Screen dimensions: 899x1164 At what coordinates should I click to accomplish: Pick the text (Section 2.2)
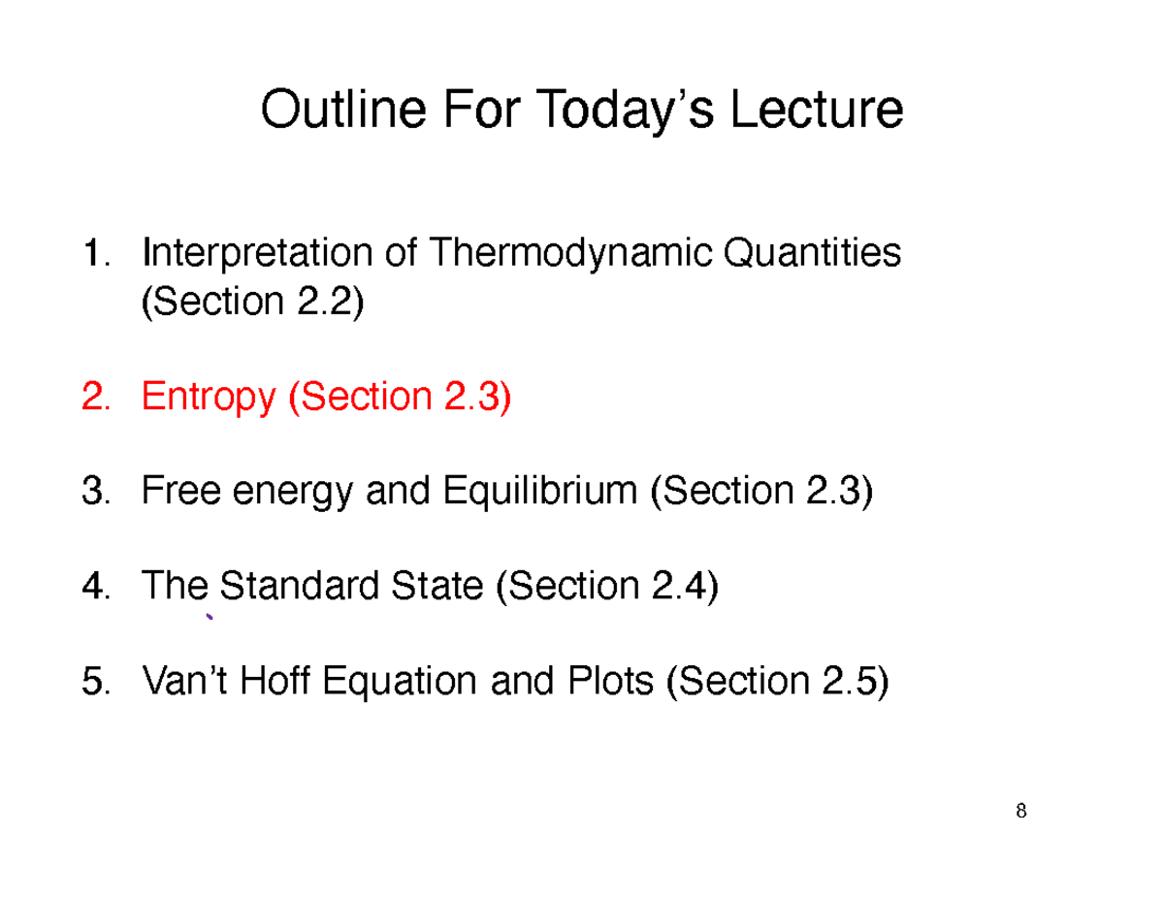(x=253, y=302)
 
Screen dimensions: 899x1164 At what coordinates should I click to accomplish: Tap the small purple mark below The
(x=209, y=619)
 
